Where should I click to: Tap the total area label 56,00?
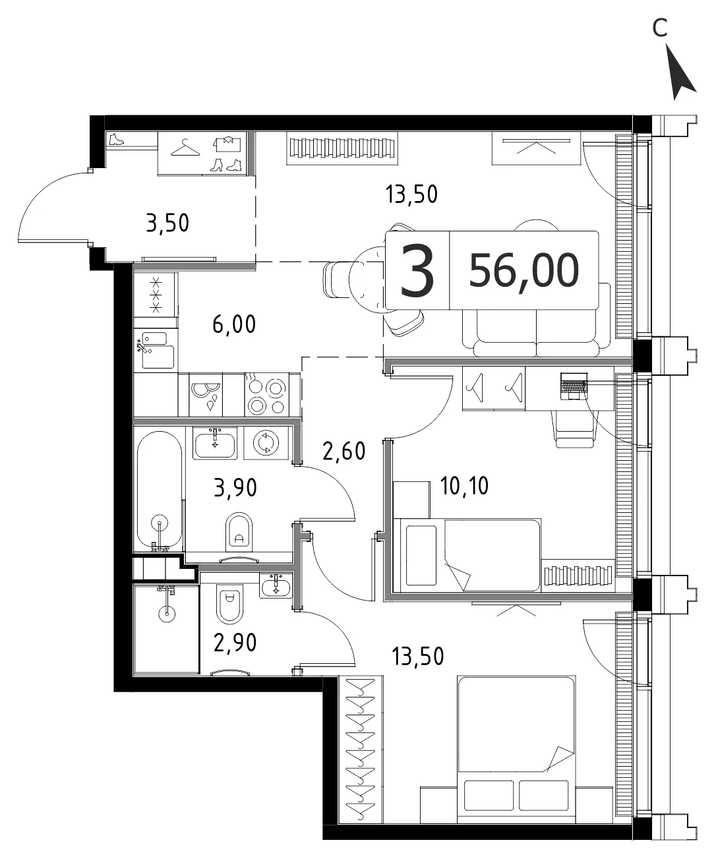point(523,271)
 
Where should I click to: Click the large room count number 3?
point(417,271)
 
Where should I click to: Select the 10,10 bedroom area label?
point(464,486)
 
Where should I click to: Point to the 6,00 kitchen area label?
point(234,324)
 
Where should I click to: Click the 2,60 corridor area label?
point(343,450)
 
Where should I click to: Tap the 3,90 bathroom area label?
point(235,487)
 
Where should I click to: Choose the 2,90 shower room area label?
point(235,643)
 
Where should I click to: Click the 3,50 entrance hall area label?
point(167,223)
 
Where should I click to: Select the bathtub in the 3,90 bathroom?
point(160,490)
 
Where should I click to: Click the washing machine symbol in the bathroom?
point(266,443)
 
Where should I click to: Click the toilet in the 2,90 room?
point(230,605)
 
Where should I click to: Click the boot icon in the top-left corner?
point(116,139)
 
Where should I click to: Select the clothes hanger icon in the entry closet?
point(185,147)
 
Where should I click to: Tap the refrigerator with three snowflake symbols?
point(155,295)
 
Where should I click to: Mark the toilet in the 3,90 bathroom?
point(239,533)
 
